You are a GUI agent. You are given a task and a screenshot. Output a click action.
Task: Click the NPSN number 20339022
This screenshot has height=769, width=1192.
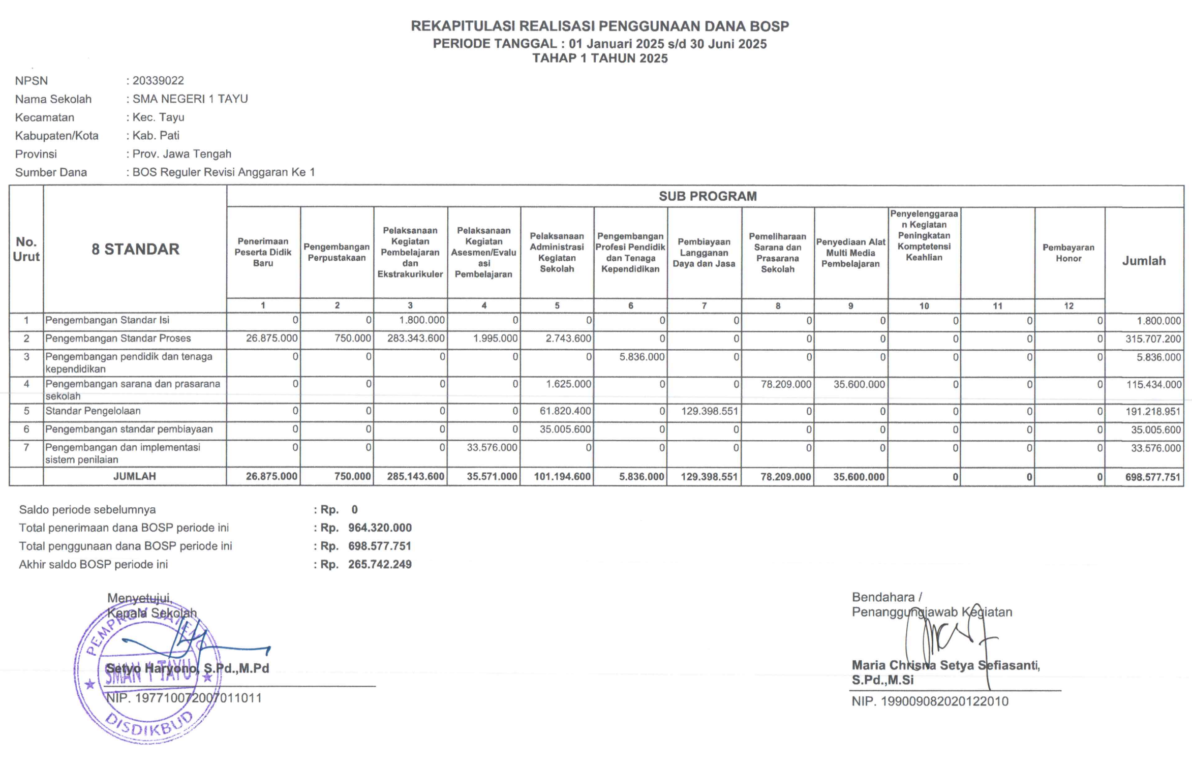tap(158, 81)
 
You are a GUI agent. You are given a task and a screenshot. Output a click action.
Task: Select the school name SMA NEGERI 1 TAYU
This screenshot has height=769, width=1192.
tap(190, 99)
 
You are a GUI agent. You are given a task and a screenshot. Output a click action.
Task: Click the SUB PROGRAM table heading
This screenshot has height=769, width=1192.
tap(707, 196)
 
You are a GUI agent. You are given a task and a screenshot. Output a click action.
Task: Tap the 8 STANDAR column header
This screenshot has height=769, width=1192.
tap(135, 249)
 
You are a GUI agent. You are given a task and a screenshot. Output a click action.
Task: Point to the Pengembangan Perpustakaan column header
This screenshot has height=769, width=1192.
tap(337, 252)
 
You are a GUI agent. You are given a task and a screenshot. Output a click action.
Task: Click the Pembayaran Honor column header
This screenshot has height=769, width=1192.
tap(1068, 253)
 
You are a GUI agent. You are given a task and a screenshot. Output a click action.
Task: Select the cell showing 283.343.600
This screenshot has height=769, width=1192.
tap(416, 339)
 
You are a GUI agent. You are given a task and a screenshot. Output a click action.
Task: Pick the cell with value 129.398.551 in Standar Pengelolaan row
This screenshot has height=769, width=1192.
tap(709, 411)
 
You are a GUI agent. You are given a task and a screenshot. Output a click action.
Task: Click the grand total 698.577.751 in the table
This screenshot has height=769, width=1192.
tap(1152, 477)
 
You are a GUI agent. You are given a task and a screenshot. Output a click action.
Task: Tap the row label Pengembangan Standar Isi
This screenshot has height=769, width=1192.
tap(107, 320)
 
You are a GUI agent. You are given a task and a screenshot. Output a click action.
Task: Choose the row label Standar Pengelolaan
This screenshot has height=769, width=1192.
tap(93, 411)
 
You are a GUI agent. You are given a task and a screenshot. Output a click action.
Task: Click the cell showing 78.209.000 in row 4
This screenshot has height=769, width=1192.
tap(785, 384)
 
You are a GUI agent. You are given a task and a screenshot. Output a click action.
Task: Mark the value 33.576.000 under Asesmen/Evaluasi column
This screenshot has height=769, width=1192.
tap(492, 448)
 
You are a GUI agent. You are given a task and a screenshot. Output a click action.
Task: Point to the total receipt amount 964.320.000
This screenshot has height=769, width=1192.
tap(380, 528)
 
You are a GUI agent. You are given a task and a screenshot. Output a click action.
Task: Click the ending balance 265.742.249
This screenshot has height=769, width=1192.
tap(380, 565)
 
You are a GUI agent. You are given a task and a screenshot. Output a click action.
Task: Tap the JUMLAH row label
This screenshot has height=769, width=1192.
tap(135, 476)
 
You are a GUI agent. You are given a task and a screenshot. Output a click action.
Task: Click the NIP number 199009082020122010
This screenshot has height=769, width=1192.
tap(944, 702)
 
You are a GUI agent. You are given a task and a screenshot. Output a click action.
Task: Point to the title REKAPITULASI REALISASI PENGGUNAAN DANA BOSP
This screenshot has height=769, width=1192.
tap(600, 26)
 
